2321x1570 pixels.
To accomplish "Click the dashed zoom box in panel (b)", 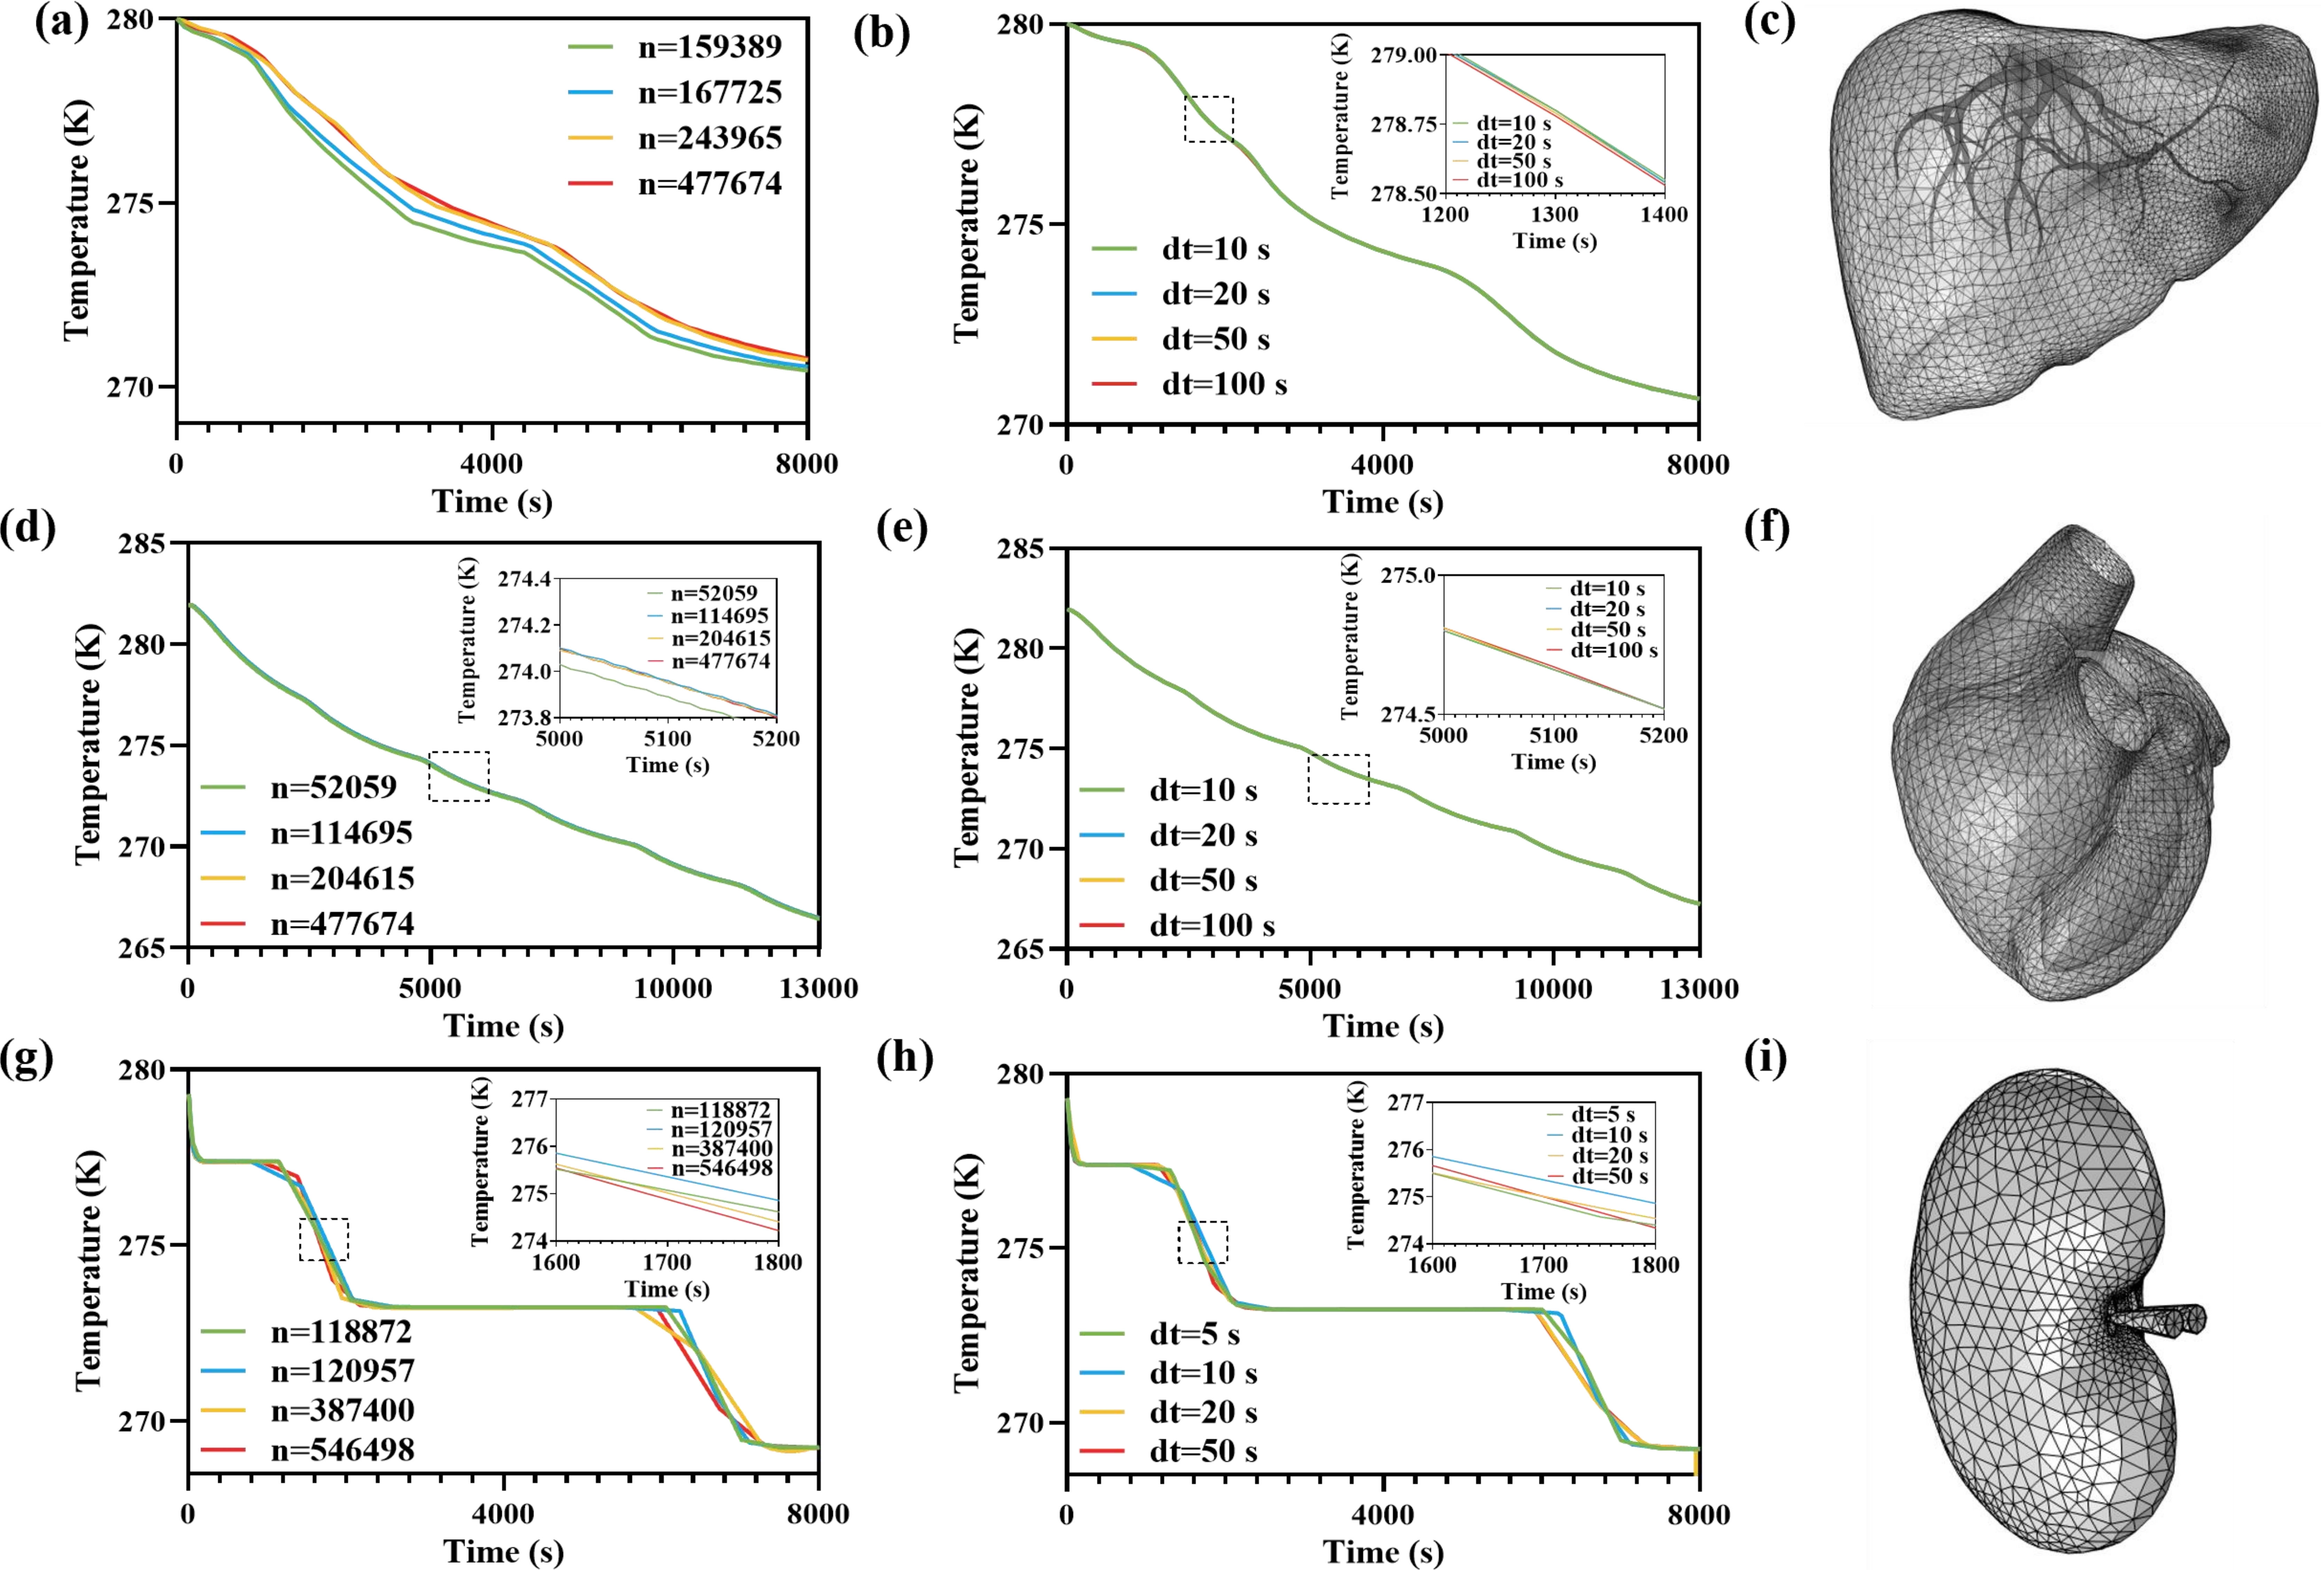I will [1208, 119].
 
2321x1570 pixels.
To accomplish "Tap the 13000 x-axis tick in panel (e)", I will [1698, 989].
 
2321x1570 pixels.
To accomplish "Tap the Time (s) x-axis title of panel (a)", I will [491, 502].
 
